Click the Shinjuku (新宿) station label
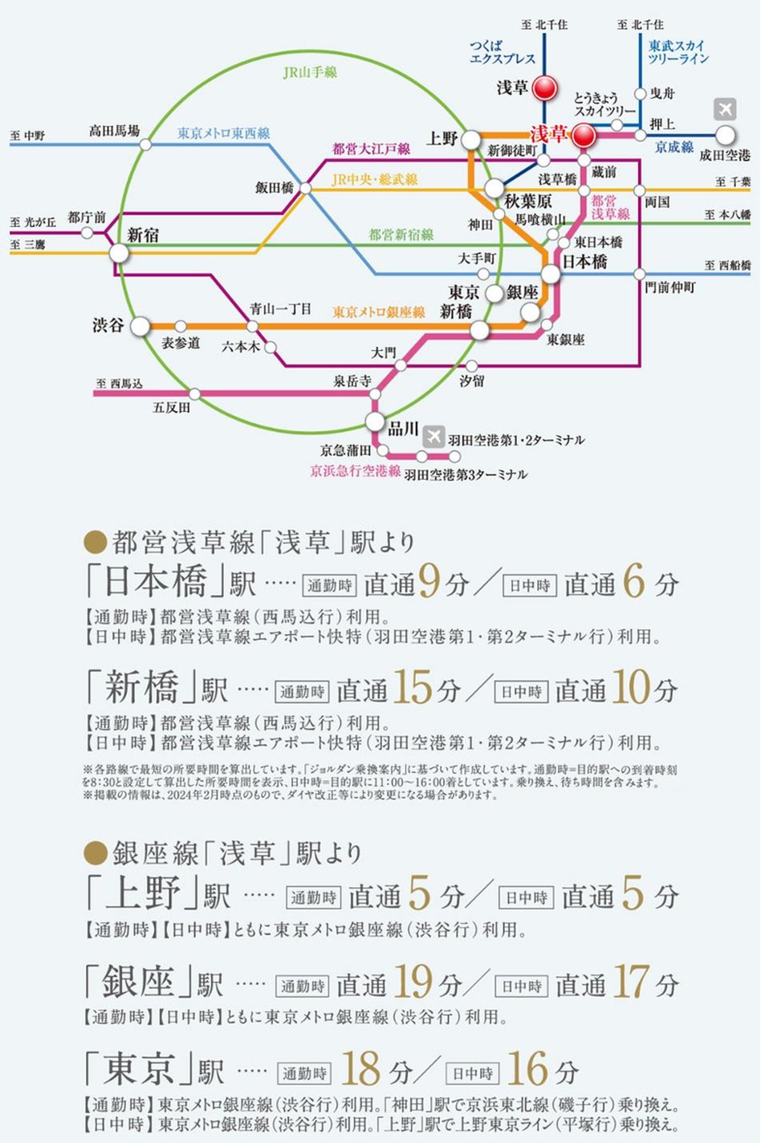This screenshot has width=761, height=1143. [x=143, y=234]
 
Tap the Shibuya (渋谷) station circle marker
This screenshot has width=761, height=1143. [x=140, y=327]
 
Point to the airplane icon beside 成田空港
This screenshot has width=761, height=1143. [x=725, y=109]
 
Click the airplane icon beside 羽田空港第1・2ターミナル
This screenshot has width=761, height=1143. [x=433, y=436]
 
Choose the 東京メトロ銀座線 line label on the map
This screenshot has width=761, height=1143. [x=379, y=311]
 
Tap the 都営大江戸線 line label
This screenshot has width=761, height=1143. [x=371, y=148]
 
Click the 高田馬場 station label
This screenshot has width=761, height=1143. [x=114, y=130]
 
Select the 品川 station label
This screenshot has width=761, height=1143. [x=404, y=428]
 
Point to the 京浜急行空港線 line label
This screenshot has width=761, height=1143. [x=355, y=471]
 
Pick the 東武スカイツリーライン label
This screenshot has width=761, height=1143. [x=678, y=52]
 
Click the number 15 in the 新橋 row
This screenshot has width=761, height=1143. [x=413, y=688]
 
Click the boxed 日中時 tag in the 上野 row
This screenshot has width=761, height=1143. [x=526, y=897]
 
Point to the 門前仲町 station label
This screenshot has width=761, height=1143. [x=670, y=287]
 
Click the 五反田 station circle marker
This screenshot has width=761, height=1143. [x=194, y=393]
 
